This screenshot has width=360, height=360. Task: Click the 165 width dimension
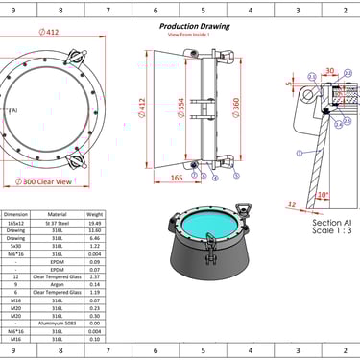tap(178, 179)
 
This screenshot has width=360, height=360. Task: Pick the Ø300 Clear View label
tap(48, 180)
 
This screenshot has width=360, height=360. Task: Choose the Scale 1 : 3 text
tap(333, 229)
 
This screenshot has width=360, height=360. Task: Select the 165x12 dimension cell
tap(16, 223)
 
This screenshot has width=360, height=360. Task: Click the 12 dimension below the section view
tap(291, 204)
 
